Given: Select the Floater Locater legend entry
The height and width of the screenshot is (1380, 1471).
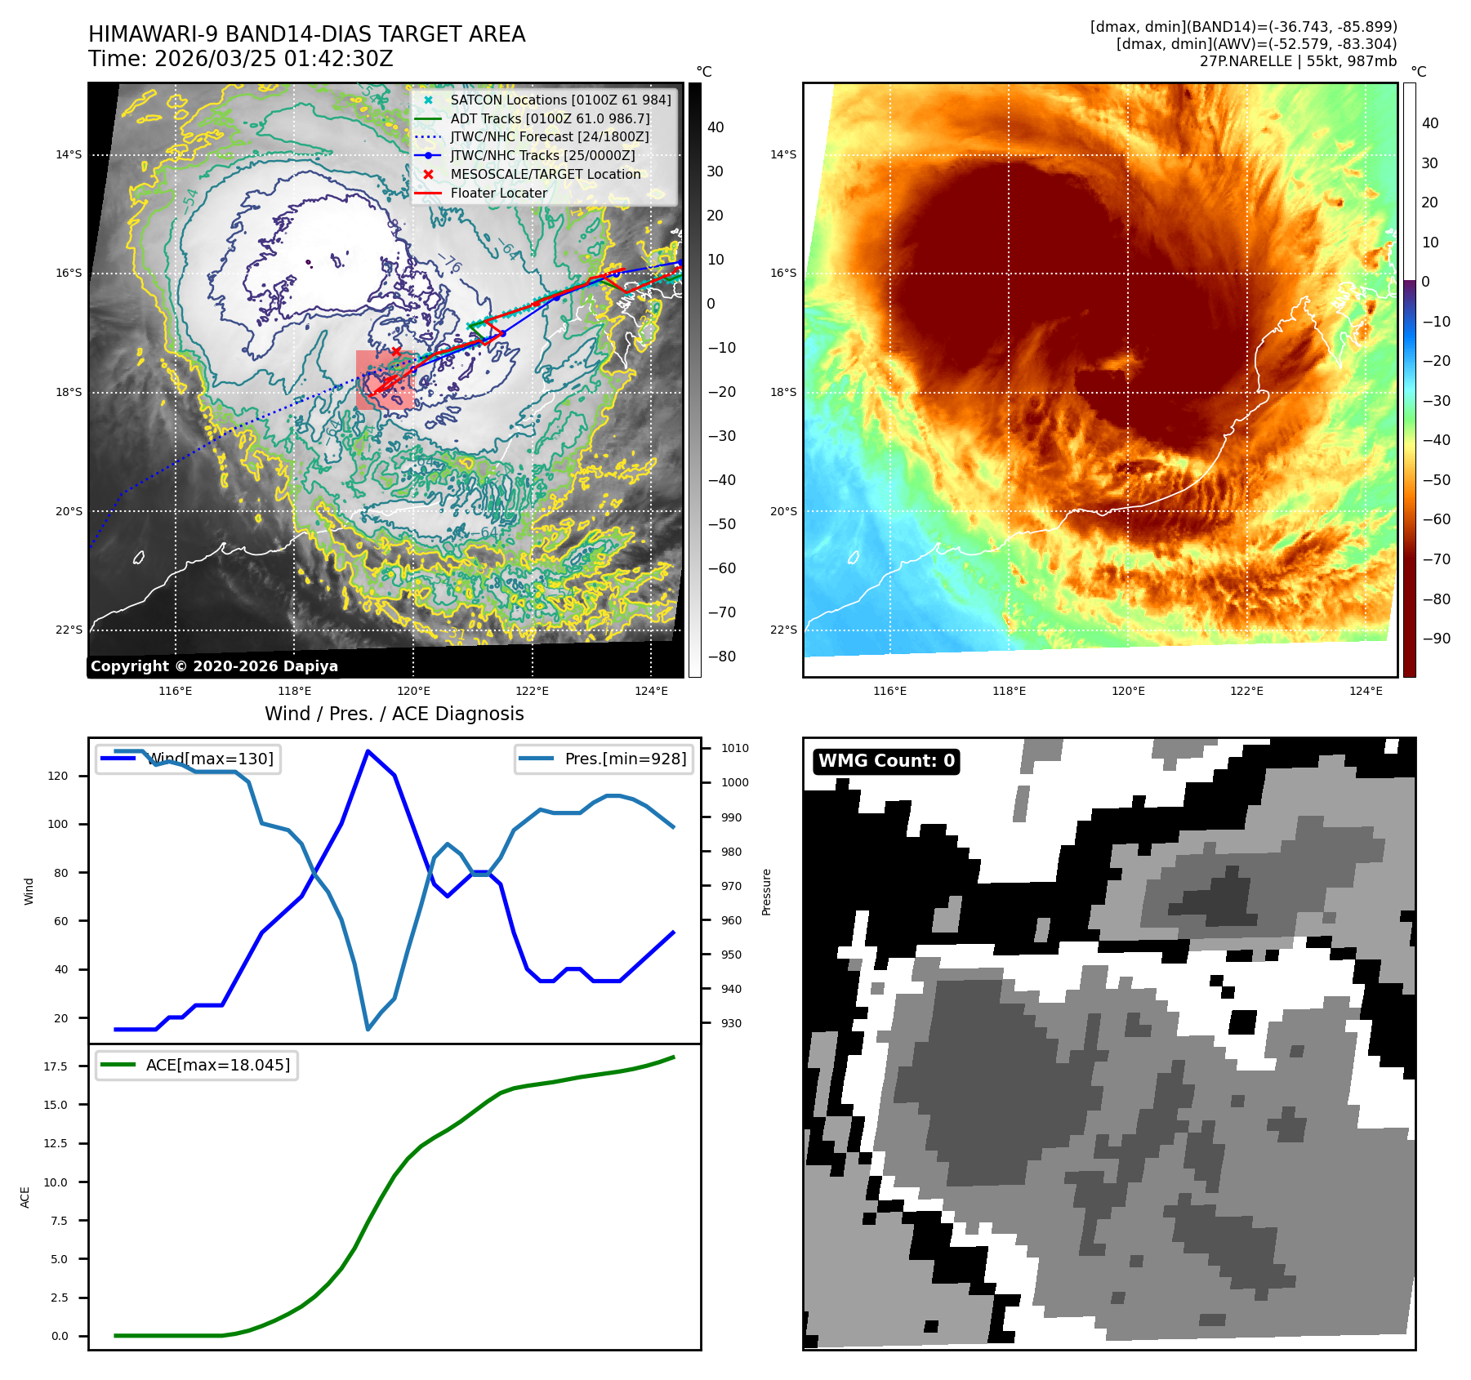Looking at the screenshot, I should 498,194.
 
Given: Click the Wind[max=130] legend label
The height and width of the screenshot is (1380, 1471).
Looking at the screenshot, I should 211,759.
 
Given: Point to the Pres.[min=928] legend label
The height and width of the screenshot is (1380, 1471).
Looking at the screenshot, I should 625,759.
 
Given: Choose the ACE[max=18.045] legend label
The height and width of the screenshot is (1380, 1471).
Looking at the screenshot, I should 217,1066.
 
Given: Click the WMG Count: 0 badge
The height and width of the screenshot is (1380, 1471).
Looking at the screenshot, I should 886,761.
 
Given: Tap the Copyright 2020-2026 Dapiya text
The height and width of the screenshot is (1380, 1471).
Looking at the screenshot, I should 214,666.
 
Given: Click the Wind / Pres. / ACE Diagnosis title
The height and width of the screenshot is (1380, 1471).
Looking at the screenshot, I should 394,714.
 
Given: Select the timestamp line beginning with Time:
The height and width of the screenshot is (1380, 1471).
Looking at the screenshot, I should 241,60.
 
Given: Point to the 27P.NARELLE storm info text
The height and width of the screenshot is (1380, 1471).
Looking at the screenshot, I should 1298,61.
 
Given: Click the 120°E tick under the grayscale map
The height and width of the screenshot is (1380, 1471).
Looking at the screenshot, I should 413,692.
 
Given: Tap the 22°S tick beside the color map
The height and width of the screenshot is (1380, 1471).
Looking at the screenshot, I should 783,630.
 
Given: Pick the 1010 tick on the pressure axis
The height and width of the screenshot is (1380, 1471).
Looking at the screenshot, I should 734,748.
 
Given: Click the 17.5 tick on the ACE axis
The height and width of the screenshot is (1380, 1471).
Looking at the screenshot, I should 56,1066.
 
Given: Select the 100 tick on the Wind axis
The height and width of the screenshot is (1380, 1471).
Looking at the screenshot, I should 58,825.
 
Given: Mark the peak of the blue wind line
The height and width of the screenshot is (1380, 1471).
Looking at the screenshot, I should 368,751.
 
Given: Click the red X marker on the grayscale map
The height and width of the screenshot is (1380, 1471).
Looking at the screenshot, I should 396,352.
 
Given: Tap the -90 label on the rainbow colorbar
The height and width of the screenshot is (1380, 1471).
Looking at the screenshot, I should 1436,639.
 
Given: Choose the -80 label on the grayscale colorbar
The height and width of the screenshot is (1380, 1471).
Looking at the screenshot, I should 721,657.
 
